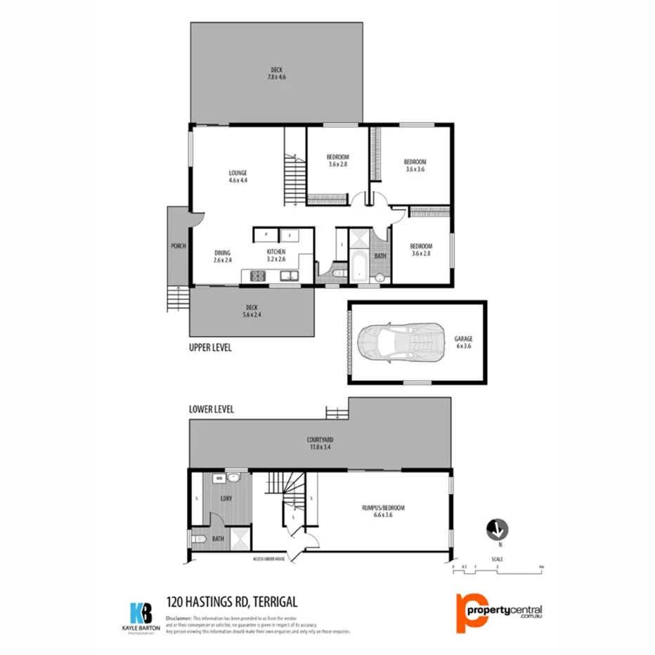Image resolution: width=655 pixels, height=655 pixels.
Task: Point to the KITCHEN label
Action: tap(275, 252)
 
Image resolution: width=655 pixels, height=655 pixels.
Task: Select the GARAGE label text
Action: tap(463, 338)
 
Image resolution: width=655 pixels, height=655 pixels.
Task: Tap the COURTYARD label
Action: tap(319, 437)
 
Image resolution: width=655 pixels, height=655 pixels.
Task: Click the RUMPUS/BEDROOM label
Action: tap(383, 507)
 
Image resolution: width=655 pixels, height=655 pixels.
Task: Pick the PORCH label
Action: tap(178, 246)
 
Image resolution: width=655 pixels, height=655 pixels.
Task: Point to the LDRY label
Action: tap(227, 499)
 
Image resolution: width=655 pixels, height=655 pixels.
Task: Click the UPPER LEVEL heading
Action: tap(210, 348)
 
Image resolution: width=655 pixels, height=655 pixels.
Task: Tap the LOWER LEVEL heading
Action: tap(211, 409)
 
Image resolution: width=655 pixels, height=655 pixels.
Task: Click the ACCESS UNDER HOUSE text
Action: tap(269, 559)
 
